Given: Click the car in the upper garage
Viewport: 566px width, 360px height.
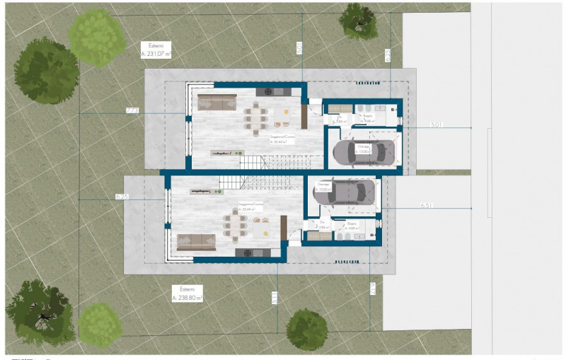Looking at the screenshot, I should click(x=366, y=152).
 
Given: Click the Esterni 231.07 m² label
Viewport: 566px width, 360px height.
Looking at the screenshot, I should click(x=156, y=49).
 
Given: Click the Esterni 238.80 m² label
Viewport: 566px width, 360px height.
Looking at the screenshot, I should click(x=187, y=294).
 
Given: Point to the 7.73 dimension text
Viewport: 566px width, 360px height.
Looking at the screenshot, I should click(x=132, y=110).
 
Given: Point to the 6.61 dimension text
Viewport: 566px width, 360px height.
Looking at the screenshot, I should click(x=426, y=205).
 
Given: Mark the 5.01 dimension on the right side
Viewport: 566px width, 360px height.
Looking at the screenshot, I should click(x=436, y=124).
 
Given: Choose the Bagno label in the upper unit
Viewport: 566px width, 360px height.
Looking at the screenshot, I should click(x=368, y=117).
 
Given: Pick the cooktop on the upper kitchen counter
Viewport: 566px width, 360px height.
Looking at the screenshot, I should click(x=268, y=92).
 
